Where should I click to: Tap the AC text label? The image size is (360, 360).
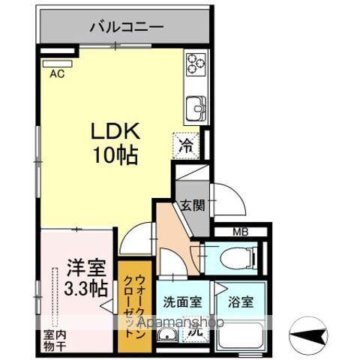(x=55, y=73)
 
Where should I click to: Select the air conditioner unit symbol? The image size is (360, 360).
(x=56, y=64)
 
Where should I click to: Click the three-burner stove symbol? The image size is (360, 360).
(x=195, y=63)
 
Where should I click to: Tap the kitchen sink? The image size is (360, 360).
(x=196, y=107)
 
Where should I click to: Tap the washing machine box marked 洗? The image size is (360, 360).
(x=195, y=328)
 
